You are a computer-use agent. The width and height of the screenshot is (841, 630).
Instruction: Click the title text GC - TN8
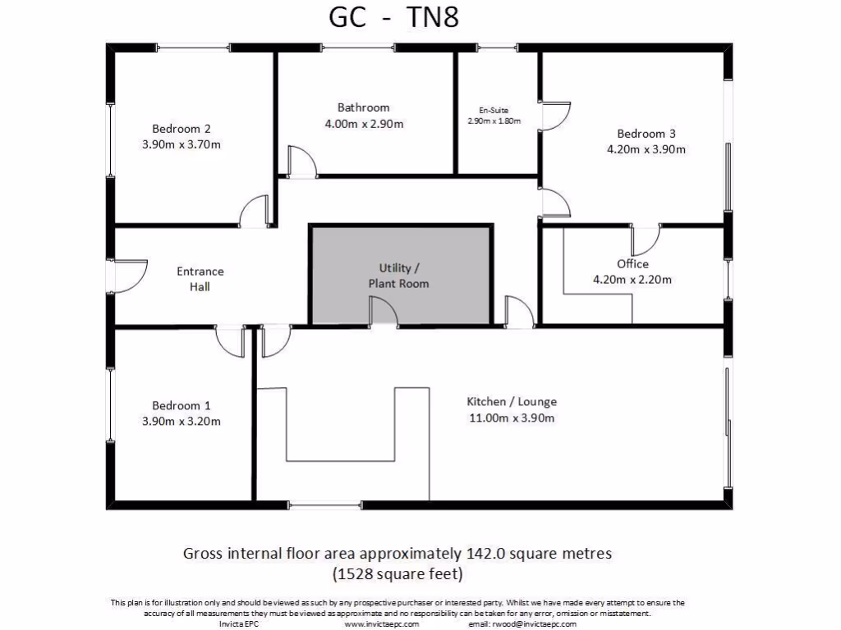coord(393,18)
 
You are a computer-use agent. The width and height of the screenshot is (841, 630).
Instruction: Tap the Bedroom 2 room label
coord(182,129)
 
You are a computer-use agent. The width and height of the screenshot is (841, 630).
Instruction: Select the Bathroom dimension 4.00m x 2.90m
coord(364,124)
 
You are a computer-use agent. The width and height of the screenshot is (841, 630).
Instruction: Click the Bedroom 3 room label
coord(646,134)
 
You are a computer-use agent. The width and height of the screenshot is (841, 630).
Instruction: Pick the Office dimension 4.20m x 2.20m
coord(632,279)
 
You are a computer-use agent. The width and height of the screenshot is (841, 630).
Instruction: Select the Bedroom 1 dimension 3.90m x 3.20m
coord(182,422)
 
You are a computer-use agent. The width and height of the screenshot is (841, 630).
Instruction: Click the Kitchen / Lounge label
coord(512,402)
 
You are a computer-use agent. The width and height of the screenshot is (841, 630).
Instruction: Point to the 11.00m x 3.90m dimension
coord(512,418)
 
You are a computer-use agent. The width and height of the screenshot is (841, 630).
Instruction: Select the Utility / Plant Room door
coord(384,313)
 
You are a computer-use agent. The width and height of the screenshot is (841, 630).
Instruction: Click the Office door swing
coord(646,240)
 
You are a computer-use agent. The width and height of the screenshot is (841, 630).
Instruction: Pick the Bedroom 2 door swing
coord(254,212)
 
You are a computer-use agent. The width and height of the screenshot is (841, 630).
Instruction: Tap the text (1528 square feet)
coord(398,572)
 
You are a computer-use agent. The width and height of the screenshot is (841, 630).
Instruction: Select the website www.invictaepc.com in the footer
coord(382,623)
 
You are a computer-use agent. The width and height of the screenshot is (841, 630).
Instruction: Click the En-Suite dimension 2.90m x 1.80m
coord(494,121)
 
